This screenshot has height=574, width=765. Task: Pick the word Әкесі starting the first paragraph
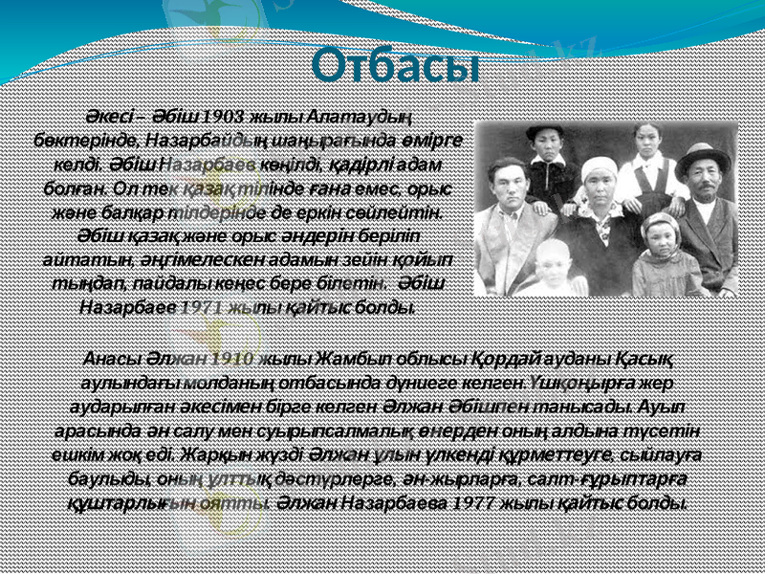[x=106, y=117]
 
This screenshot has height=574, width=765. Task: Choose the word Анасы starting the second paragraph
[x=110, y=359]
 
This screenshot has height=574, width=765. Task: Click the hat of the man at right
[x=703, y=156]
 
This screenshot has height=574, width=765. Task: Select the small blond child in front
[x=551, y=270]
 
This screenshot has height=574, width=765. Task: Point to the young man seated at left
[x=507, y=220]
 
